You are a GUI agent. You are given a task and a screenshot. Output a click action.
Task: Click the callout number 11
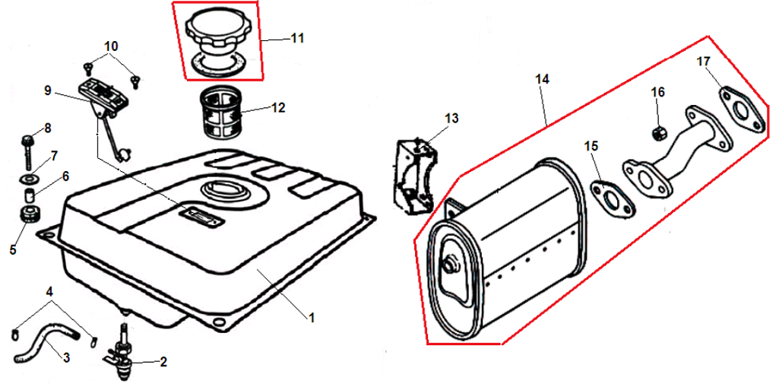tap(297, 38)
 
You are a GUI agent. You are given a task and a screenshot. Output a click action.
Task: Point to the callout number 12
tap(278, 107)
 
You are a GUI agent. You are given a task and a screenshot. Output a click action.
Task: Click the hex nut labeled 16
tap(657, 133)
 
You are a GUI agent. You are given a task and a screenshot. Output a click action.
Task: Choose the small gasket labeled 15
tap(612, 200)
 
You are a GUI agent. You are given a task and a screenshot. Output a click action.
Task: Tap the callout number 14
tap(543, 79)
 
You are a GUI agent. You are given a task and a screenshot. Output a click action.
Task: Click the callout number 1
tap(312, 317)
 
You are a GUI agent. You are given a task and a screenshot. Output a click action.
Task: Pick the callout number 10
tap(111, 46)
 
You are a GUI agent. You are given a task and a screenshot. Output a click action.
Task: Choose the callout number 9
tap(48, 90)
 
